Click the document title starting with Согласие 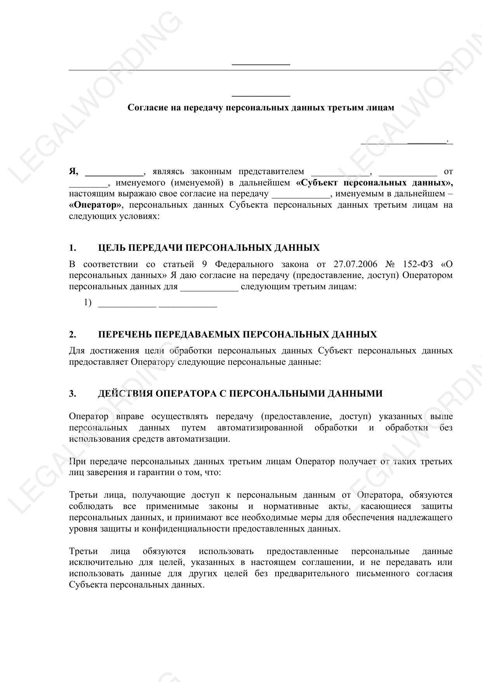(261, 108)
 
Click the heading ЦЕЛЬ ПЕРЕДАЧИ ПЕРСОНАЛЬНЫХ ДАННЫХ (209, 248)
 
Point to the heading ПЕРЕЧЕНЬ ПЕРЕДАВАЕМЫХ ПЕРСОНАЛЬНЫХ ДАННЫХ (237, 335)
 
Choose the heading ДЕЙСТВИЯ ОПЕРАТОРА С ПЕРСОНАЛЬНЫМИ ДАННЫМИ (240, 394)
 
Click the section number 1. (73, 248)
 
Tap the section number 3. (73, 394)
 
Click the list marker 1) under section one (88, 303)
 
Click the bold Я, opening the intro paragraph (74, 171)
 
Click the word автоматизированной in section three (260, 428)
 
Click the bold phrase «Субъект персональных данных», (374, 183)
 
